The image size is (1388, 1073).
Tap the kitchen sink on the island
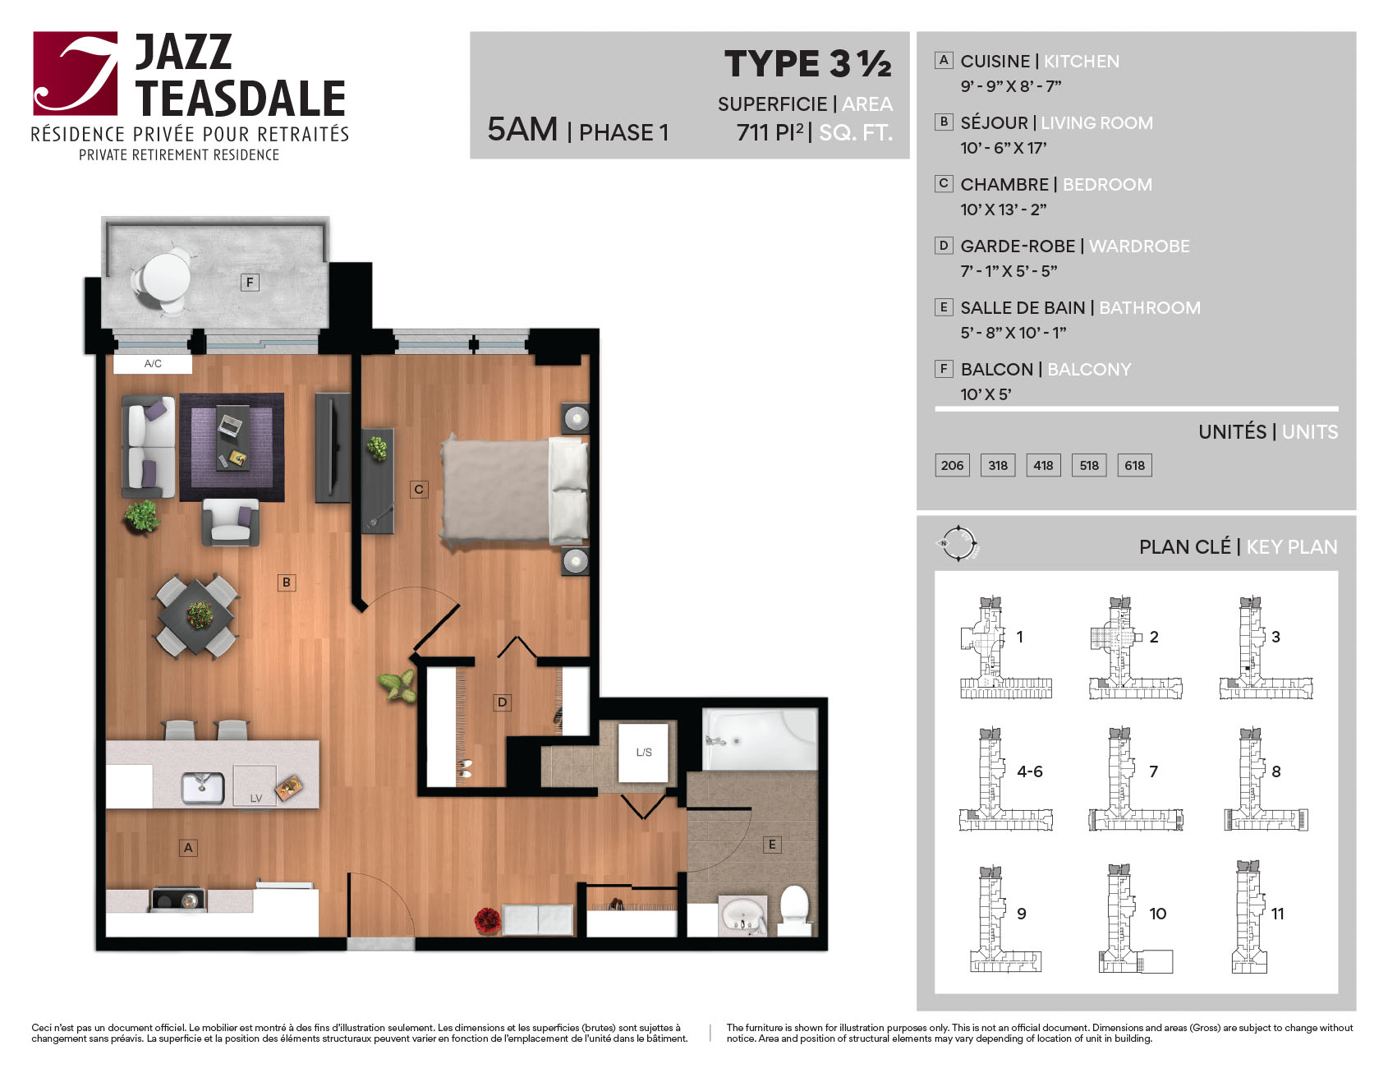pos(202,788)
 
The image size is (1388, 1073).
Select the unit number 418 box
pos(1043,465)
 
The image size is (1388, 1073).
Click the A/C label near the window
pos(153,363)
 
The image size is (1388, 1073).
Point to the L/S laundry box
pos(644,752)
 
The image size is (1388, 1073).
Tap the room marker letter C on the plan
pos(419,490)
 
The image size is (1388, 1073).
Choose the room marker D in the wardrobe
pos(502,702)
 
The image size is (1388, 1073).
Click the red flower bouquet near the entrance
pos(488,920)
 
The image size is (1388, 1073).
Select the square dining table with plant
pos(199,615)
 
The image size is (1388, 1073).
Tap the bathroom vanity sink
pos(742,916)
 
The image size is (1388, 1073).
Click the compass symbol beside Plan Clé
pos(958,543)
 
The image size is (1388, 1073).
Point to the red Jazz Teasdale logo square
pos(76,73)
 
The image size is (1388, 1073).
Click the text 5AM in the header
pos(522,130)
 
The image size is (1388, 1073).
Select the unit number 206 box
pos(952,465)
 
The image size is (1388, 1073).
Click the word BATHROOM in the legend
pos(1149,308)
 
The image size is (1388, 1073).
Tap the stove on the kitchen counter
pos(177,900)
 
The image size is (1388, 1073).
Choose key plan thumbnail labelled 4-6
pos(1005,779)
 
